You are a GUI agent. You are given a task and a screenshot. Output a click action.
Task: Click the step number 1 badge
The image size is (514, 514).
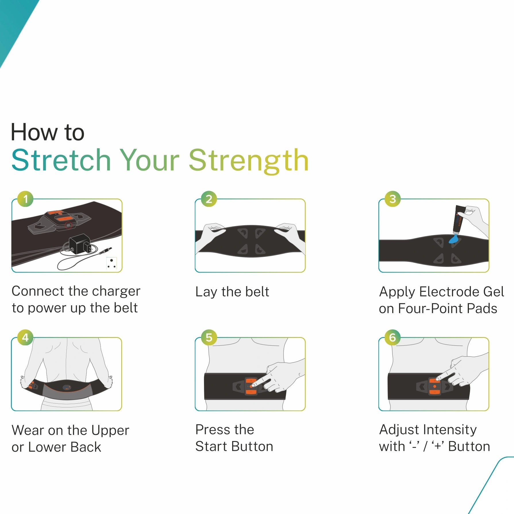click(x=25, y=199)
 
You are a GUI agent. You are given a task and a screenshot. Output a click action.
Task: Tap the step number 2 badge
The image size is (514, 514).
click(x=209, y=199)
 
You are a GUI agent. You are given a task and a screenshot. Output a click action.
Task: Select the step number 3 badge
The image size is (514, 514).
click(x=392, y=199)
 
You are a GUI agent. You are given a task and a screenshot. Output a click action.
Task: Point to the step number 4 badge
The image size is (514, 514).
click(x=25, y=337)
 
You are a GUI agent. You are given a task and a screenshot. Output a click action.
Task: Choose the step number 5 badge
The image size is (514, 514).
click(x=209, y=337)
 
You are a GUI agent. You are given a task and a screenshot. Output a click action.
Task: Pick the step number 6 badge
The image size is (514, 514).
click(x=392, y=337)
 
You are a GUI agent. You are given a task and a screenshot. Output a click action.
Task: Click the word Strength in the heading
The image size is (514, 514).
click(x=249, y=160)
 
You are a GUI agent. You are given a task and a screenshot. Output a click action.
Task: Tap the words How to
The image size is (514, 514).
click(x=48, y=132)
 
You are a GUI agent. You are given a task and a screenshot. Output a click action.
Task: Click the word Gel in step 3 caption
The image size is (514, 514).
click(x=494, y=292)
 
